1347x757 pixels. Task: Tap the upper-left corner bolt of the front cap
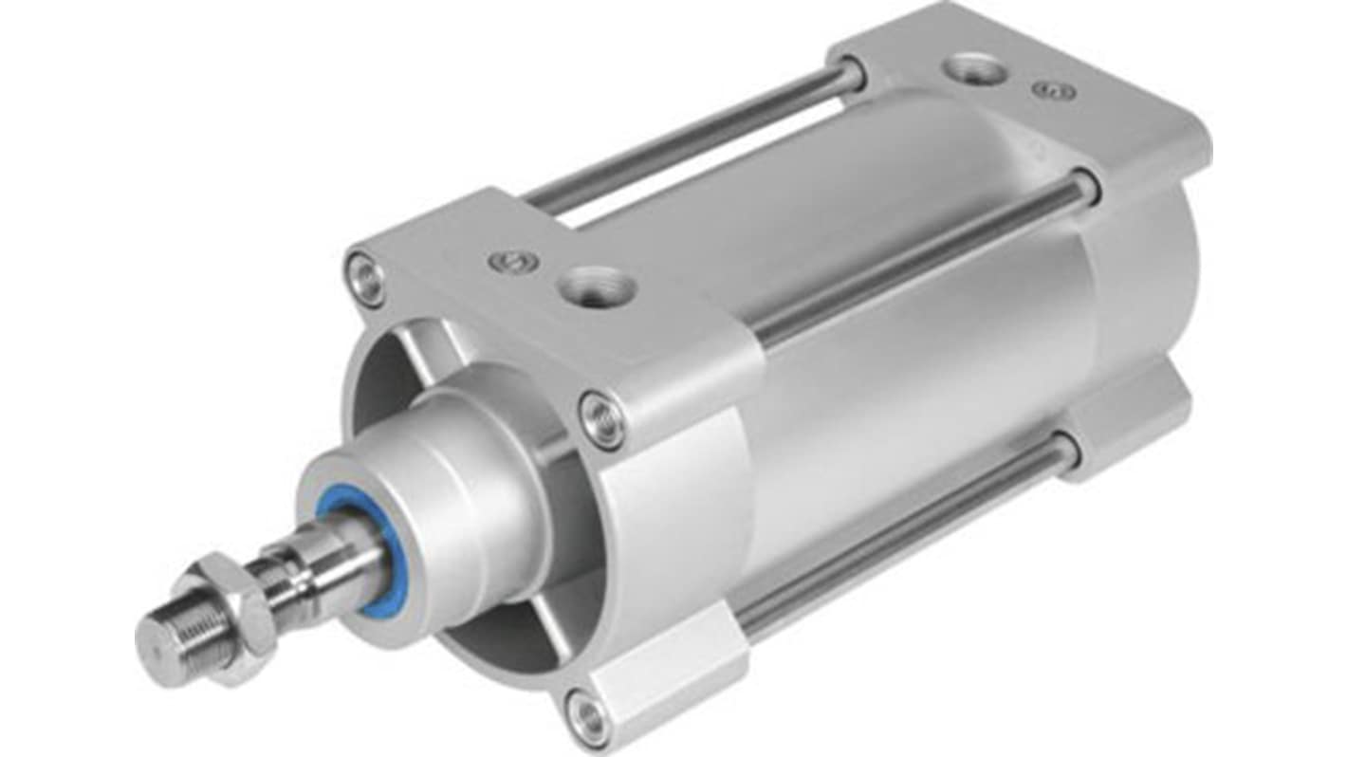(x=366, y=277)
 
